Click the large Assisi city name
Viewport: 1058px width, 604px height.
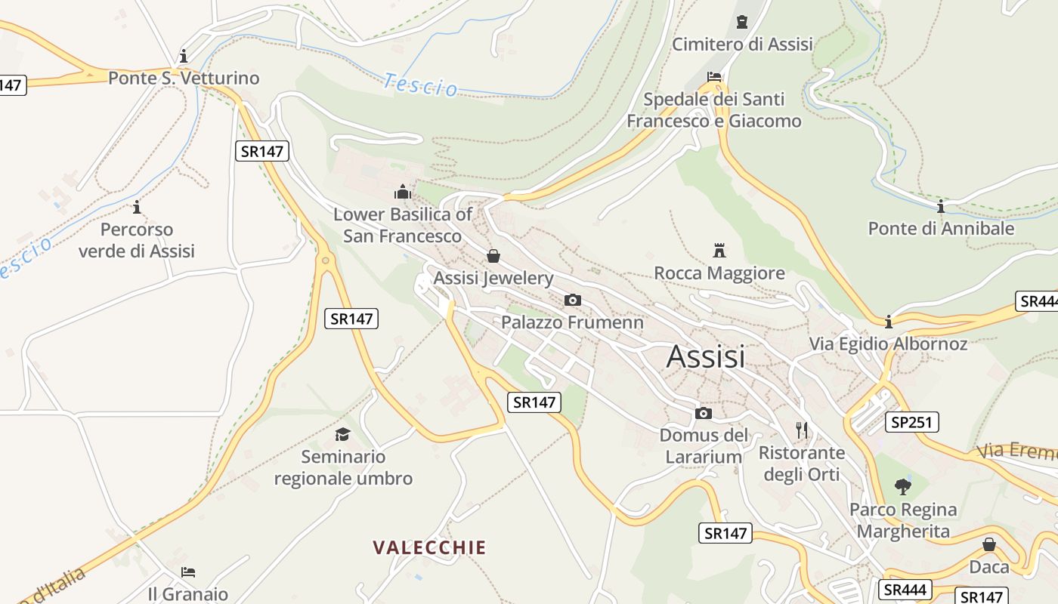point(706,356)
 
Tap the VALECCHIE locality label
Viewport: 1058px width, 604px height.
point(429,547)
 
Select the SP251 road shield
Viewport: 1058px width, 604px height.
point(914,422)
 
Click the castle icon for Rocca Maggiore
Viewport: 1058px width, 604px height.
point(719,251)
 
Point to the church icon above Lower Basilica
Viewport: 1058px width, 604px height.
point(403,192)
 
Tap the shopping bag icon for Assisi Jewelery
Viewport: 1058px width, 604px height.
point(493,256)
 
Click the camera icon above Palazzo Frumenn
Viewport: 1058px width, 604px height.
point(573,300)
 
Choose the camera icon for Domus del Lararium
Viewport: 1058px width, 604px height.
point(704,413)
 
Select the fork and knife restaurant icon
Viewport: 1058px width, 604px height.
point(802,430)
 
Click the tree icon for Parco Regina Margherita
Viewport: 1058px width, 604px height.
point(902,487)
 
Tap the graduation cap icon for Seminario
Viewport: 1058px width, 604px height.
point(343,434)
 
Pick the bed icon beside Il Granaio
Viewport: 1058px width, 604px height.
point(188,572)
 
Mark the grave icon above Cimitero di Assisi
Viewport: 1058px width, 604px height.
point(742,22)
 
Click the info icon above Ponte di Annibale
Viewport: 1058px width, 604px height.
point(941,206)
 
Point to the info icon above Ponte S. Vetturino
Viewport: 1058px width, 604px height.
point(184,56)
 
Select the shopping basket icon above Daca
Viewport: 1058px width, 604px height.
point(989,544)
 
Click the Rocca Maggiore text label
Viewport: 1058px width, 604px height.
point(719,273)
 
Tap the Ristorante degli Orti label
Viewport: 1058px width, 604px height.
point(802,464)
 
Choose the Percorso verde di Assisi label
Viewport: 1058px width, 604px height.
point(137,240)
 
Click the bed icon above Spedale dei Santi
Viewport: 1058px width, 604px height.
point(714,77)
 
